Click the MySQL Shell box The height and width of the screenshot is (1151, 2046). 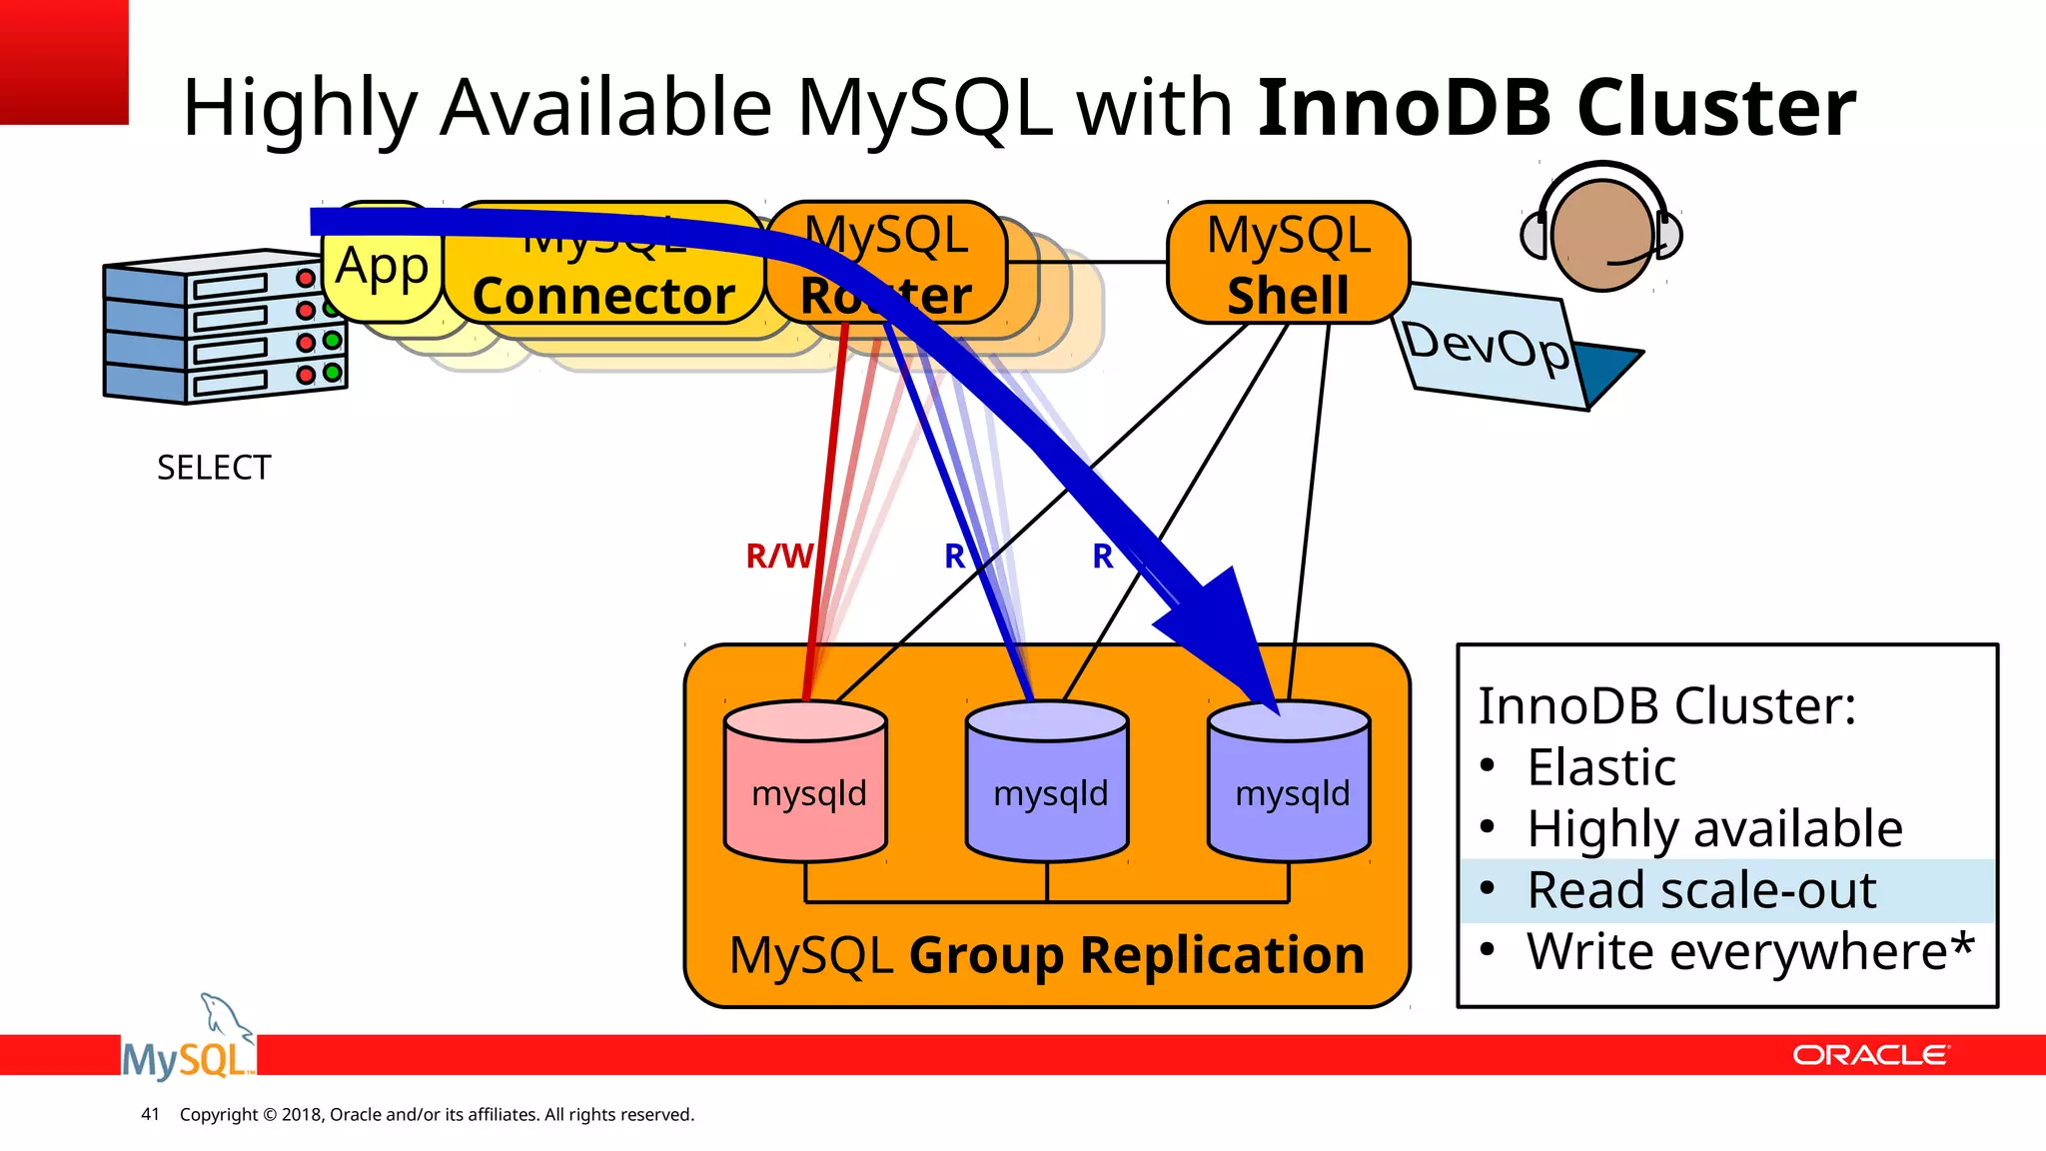(1288, 264)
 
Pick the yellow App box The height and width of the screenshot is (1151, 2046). (382, 266)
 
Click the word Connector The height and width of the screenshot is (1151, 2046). (603, 296)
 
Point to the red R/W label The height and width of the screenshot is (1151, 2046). (778, 556)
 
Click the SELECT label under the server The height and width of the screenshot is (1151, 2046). (214, 468)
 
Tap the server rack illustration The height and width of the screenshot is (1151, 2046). (225, 327)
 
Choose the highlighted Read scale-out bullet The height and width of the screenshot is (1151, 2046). (1701, 889)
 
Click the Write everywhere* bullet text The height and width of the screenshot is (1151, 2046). (1749, 951)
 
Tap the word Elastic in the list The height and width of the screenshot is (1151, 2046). (1600, 767)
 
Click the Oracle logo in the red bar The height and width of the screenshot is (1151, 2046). (1869, 1055)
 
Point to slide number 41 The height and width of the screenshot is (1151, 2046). (150, 1114)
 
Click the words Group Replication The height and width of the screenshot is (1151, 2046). (1136, 955)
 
